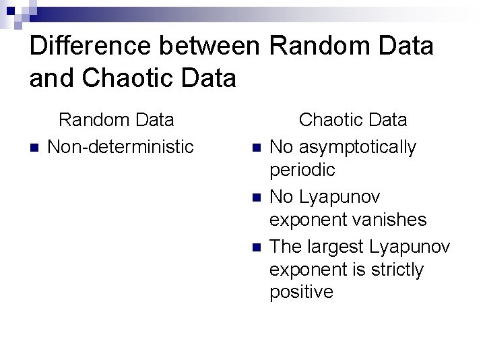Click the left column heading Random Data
coord(117,120)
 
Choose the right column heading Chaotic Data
coord(353,120)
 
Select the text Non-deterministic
coord(121,146)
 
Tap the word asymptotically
coord(358,147)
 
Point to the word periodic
coord(302,170)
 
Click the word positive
coord(301,292)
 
